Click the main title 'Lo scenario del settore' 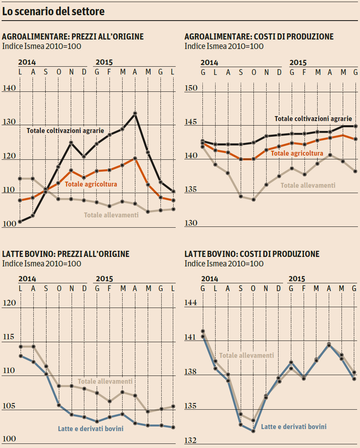(53, 12)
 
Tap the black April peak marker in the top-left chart (135, 113)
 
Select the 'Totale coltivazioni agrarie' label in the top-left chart (65, 131)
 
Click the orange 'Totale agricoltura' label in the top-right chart (297, 153)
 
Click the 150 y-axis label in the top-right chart (191, 89)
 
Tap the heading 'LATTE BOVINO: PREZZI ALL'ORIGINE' (66, 254)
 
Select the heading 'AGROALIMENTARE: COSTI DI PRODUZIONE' (259, 37)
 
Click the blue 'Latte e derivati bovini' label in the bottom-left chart (91, 429)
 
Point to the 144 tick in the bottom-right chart (191, 303)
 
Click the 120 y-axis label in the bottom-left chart (9, 303)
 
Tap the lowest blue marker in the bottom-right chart (253, 431)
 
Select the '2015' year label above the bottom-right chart (297, 279)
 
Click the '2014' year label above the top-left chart (27, 63)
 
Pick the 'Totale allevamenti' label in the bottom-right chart (246, 355)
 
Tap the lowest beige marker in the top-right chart (253, 199)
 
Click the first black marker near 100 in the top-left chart (20, 222)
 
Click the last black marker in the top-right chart (356, 126)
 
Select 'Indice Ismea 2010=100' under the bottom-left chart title (42, 264)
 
